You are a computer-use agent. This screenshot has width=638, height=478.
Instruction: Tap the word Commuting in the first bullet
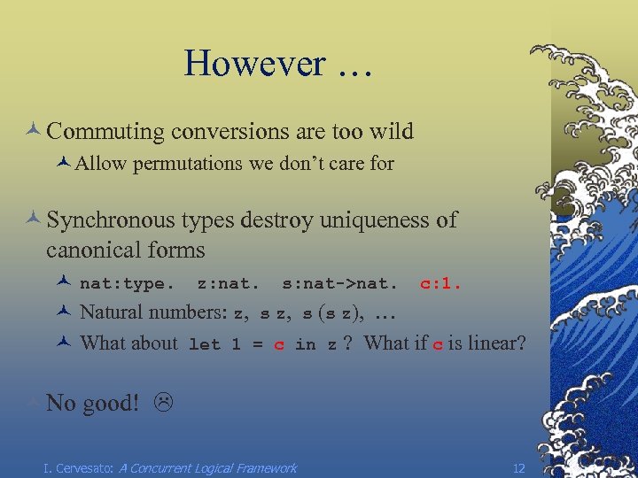105,132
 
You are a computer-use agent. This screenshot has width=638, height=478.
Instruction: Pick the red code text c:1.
440,285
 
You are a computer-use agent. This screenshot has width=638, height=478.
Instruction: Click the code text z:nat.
228,285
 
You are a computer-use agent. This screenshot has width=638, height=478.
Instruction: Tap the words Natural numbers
153,312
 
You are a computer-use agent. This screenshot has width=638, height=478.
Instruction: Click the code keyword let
204,345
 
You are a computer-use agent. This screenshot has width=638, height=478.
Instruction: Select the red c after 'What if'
437,344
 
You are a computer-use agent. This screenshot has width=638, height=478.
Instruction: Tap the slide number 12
519,467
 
